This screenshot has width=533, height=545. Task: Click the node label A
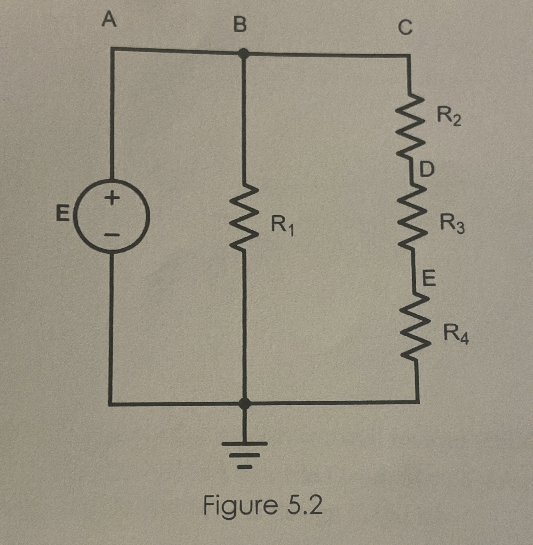click(x=110, y=21)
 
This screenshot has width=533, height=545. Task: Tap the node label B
click(x=239, y=25)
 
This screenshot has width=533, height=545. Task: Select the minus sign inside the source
click(x=111, y=235)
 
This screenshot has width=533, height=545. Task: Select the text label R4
click(x=456, y=336)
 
